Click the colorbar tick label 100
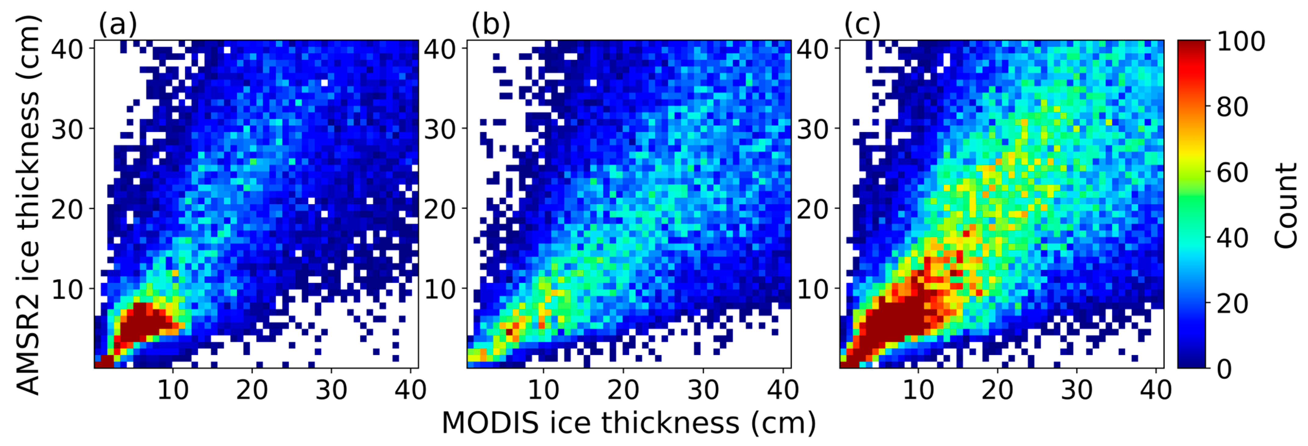1241,42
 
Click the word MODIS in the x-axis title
490,423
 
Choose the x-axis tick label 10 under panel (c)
918,390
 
